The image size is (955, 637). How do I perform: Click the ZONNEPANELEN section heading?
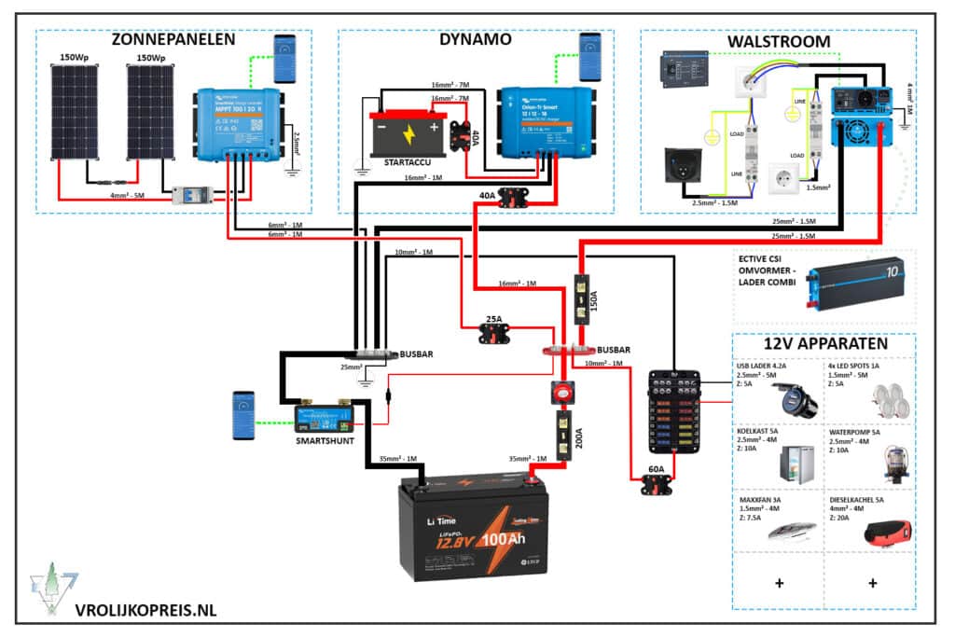click(173, 40)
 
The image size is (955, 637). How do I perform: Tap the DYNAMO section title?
click(475, 40)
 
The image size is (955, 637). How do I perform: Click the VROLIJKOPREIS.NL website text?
click(145, 610)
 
